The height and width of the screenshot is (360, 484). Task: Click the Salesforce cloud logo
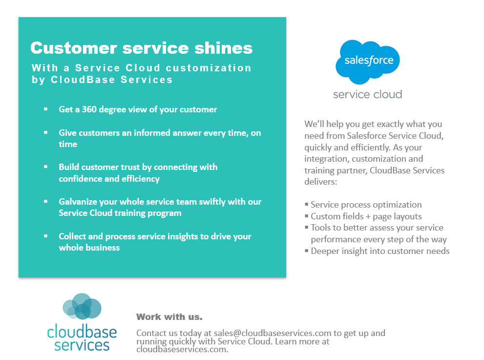coord(367,61)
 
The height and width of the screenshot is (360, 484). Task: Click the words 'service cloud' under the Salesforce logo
coord(367,94)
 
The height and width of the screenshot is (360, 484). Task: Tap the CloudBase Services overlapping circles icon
coord(82,306)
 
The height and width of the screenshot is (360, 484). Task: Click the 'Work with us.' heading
coord(169,317)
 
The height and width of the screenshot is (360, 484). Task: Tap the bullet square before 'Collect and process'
coord(46,236)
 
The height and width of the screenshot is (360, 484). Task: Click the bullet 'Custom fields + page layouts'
coord(366,216)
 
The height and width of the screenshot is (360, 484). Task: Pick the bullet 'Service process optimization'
coord(366,205)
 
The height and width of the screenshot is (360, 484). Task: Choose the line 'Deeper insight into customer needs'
coord(380,251)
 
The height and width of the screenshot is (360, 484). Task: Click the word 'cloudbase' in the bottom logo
coord(82,332)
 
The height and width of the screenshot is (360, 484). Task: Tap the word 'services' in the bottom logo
coord(82,345)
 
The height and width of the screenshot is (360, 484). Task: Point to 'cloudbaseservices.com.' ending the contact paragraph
coord(182,349)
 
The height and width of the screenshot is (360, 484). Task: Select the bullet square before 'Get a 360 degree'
coord(46,109)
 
